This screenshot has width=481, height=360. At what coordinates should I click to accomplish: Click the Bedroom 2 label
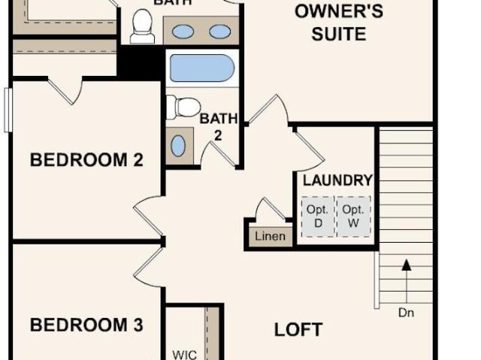pyautogui.click(x=86, y=160)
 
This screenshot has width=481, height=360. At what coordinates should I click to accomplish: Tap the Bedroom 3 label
pyautogui.click(x=86, y=325)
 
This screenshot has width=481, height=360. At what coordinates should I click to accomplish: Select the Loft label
pyautogui.click(x=298, y=330)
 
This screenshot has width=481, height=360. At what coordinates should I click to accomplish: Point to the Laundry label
pyautogui.click(x=337, y=180)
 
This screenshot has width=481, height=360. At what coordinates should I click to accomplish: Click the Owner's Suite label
pyautogui.click(x=339, y=22)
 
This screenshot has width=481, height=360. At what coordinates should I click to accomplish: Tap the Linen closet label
pyautogui.click(x=270, y=237)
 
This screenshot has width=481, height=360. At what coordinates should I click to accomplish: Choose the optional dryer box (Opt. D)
pyautogui.click(x=318, y=216)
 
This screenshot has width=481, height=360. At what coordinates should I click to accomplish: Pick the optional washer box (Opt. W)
pyautogui.click(x=354, y=216)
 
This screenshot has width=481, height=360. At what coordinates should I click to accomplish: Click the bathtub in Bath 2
pyautogui.click(x=202, y=68)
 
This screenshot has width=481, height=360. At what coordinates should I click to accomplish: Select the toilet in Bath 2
pyautogui.click(x=183, y=107)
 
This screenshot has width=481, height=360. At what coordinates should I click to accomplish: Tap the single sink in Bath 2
pyautogui.click(x=178, y=146)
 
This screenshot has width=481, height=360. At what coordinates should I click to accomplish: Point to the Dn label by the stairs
pyautogui.click(x=406, y=313)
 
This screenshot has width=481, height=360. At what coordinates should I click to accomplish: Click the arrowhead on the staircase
pyautogui.click(x=407, y=265)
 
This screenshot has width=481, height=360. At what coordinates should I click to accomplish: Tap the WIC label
pyautogui.click(x=185, y=355)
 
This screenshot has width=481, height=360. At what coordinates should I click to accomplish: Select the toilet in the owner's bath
pyautogui.click(x=142, y=26)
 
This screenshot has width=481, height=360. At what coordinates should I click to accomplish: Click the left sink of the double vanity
pyautogui.click(x=183, y=32)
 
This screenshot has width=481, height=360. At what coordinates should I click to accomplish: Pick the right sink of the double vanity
pyautogui.click(x=220, y=32)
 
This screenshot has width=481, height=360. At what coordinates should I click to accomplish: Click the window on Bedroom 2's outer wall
pyautogui.click(x=8, y=110)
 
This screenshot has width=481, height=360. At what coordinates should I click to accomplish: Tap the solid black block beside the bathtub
pyautogui.click(x=140, y=62)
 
